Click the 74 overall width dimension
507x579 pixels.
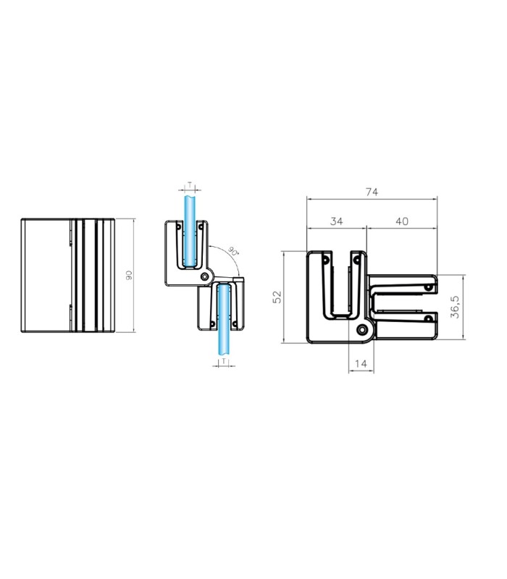pos(372,192)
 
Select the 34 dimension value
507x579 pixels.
pos(336,221)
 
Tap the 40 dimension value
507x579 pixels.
pos(402,221)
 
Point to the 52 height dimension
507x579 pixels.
pos(277,297)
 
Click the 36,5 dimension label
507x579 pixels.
pos(455,307)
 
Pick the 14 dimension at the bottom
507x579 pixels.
pos(361,364)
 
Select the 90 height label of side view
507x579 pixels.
pos(129,275)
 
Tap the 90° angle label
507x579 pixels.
pos(233,251)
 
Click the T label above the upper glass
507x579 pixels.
pos(190,184)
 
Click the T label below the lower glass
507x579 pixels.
pos(224,361)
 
